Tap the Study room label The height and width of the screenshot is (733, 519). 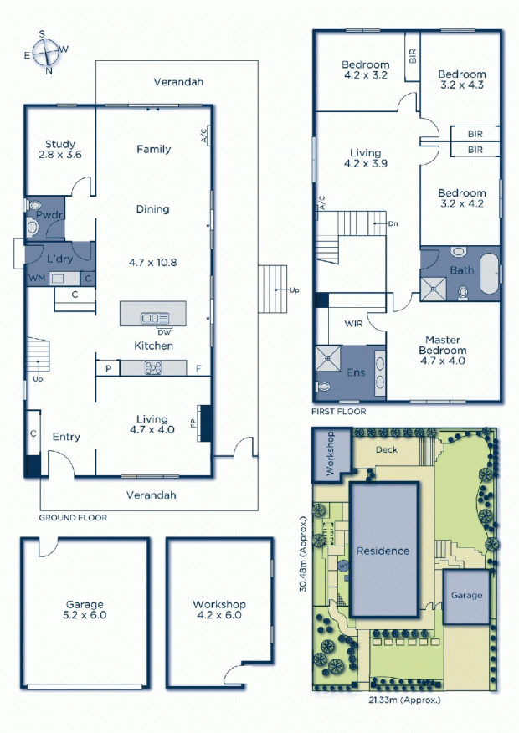[59, 144]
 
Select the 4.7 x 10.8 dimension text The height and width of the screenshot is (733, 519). [152, 262]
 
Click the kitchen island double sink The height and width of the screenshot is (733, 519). [155, 319]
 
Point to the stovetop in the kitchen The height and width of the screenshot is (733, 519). [153, 368]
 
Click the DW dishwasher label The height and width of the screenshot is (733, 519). [164, 332]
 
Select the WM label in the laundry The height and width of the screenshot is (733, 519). [37, 278]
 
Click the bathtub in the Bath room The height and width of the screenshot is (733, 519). [489, 274]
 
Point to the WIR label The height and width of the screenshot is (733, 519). [353, 323]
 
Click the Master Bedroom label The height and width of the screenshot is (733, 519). [442, 345]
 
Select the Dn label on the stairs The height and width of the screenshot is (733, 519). [393, 223]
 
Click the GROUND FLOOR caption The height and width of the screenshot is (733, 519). [73, 517]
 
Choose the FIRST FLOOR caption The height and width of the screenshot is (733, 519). [339, 412]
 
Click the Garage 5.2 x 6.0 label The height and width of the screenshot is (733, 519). [85, 610]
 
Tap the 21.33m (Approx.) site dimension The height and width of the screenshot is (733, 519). [405, 700]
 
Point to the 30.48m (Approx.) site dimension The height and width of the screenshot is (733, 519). [304, 555]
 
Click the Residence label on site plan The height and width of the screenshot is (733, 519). [383, 551]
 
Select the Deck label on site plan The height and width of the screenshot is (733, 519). [387, 449]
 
